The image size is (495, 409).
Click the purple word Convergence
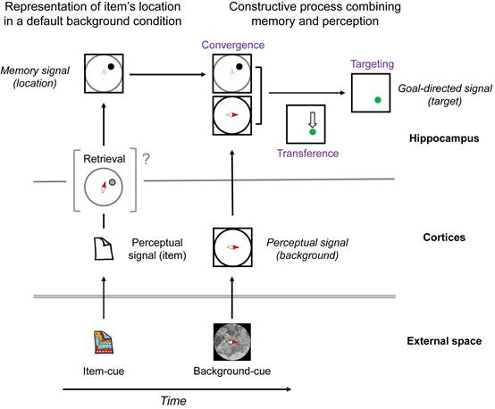233,45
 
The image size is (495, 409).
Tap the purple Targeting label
373,64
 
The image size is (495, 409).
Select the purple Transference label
307,153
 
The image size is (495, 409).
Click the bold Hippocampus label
444,138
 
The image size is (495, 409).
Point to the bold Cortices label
444,238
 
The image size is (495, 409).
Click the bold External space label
444,341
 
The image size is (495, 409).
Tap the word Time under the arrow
173,401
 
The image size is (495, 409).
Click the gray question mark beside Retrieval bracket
146,159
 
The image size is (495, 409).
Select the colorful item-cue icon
104,342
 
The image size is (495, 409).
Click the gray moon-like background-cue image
232,342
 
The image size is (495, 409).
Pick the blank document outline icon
104,248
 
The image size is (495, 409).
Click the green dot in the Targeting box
378,100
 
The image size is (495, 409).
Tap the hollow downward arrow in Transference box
313,120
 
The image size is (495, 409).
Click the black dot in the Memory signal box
111,67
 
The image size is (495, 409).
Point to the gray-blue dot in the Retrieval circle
112,182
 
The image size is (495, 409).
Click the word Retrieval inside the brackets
105,159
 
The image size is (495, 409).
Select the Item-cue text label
104,371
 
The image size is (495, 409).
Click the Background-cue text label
232,371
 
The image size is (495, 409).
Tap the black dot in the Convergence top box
239,67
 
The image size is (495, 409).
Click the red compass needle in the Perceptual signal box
236,247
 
